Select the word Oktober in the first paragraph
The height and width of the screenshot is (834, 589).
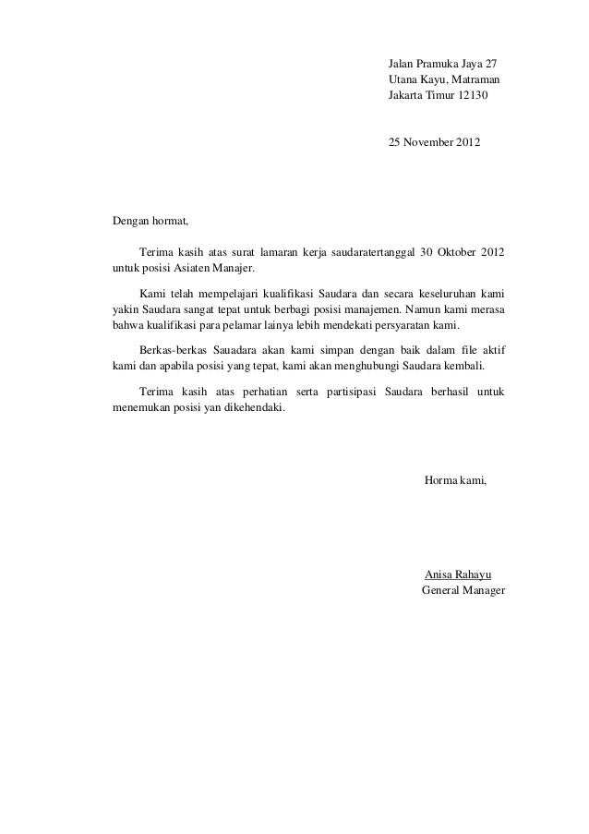click(x=453, y=252)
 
